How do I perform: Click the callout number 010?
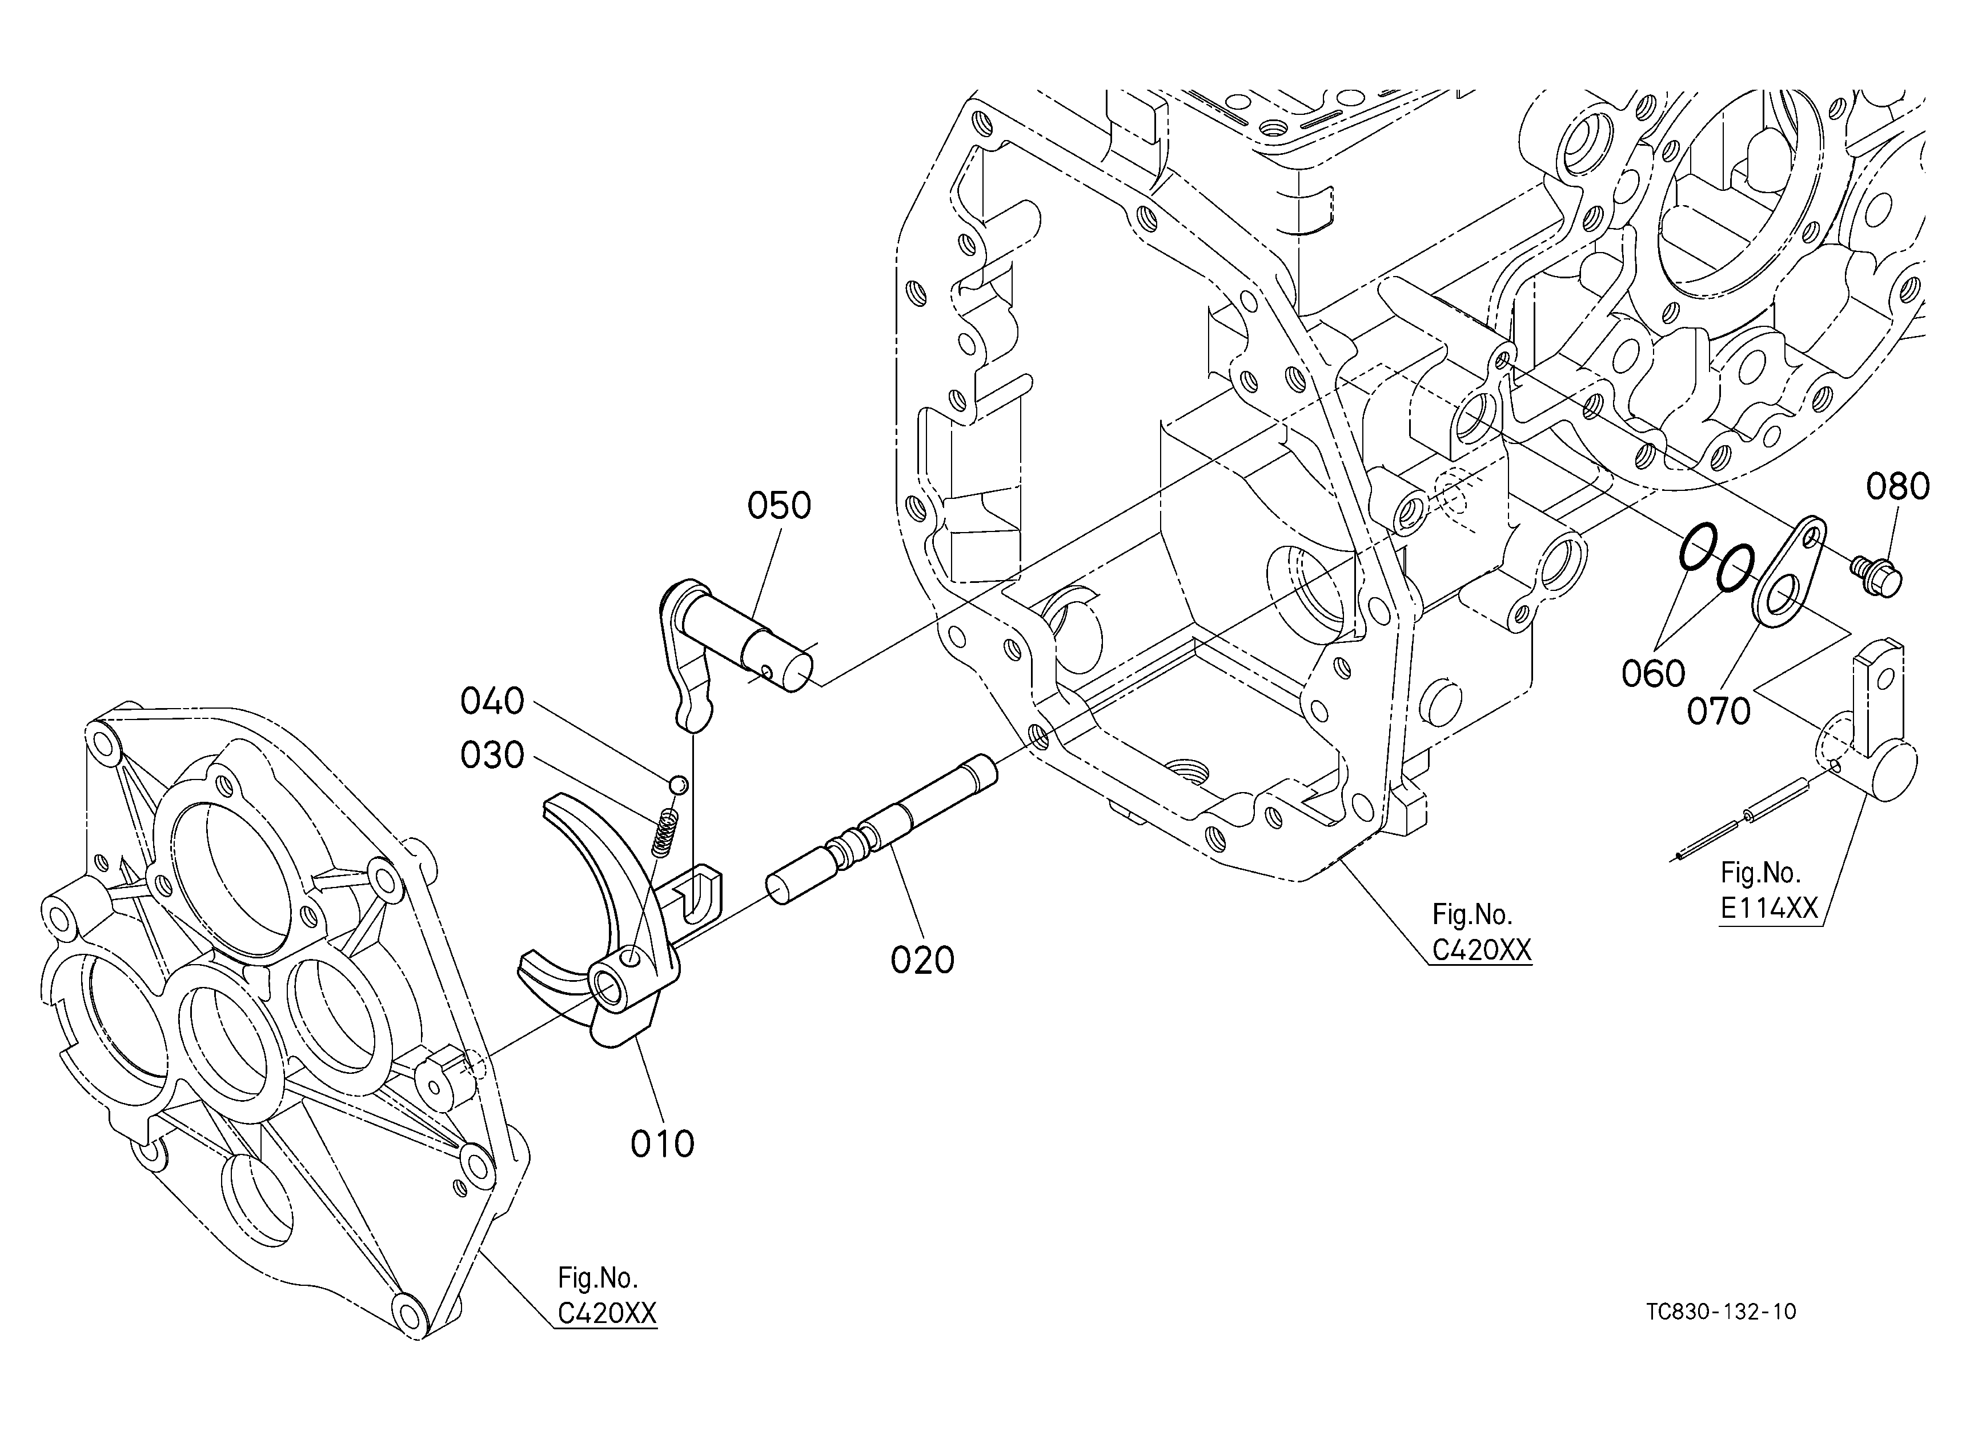[663, 1144]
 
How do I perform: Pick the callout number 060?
[1653, 673]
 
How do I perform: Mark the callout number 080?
[1898, 486]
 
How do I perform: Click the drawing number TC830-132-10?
[1721, 1311]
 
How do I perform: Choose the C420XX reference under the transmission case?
[1482, 950]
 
